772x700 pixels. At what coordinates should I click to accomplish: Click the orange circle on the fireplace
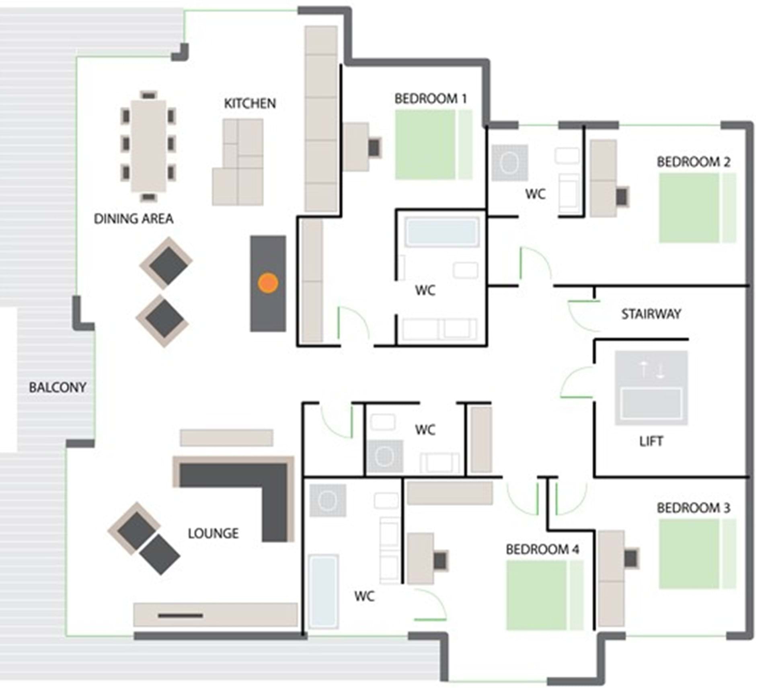click(x=268, y=283)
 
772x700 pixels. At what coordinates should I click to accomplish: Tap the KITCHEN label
click(x=250, y=104)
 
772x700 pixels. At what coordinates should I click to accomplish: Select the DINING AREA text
click(x=133, y=219)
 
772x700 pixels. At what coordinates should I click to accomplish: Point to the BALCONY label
click(x=57, y=387)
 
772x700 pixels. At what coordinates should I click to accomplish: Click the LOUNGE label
click(x=213, y=533)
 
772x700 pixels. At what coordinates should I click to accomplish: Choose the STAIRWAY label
click(x=651, y=314)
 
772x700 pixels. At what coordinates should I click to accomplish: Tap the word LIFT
click(x=651, y=442)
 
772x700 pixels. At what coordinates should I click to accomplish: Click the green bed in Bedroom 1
click(x=433, y=145)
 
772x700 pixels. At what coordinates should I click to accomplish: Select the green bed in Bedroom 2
click(x=697, y=208)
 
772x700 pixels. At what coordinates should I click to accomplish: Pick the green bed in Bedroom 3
click(x=697, y=554)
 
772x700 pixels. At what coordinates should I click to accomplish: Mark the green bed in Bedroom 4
click(x=544, y=596)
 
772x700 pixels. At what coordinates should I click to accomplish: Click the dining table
click(x=148, y=145)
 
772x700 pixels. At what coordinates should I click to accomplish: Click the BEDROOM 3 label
click(x=693, y=508)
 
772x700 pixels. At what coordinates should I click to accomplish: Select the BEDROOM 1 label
click(x=431, y=98)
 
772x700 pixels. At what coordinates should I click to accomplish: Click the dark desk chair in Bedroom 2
click(x=622, y=197)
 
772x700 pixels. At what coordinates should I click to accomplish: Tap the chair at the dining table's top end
click(x=148, y=95)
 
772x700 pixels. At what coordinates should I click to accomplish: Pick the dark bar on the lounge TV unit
click(x=181, y=615)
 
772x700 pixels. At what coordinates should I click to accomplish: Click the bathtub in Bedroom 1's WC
click(x=442, y=232)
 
